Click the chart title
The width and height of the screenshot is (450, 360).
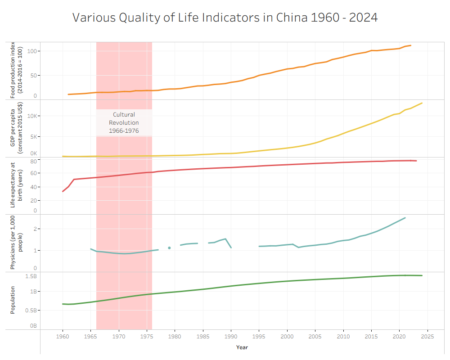(225, 18)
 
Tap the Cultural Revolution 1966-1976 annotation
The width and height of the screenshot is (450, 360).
(124, 123)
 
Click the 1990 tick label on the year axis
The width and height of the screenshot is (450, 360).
(231, 337)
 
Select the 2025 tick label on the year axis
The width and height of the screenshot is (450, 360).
(427, 337)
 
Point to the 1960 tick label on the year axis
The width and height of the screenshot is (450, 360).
(63, 337)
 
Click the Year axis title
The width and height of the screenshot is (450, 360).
(242, 347)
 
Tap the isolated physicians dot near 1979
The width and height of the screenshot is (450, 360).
(169, 248)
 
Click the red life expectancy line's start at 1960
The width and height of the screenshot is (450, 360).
(63, 191)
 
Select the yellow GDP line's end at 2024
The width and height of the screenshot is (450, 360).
(422, 103)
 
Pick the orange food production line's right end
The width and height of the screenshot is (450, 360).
(410, 45)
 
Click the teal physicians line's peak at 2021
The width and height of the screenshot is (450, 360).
(405, 218)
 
